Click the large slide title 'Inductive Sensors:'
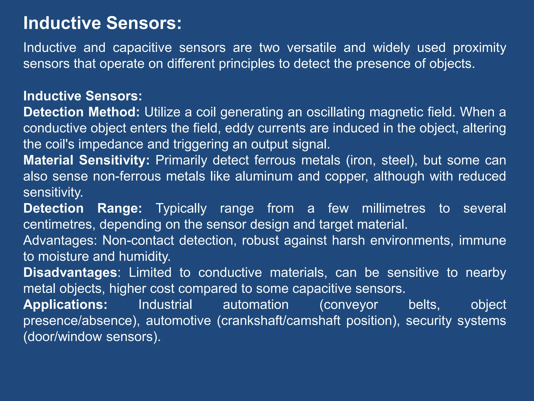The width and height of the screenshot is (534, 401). click(102, 23)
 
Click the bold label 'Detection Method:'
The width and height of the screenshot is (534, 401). click(82, 112)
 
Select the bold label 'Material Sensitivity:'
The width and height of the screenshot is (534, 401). click(87, 160)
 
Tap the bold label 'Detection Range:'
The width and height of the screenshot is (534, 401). click(83, 208)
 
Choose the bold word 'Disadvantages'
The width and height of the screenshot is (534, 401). click(70, 273)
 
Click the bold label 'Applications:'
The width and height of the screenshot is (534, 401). click(65, 305)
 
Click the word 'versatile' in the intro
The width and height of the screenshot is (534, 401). click(312, 48)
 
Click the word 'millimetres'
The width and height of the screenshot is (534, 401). click(393, 208)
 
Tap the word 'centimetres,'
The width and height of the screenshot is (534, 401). click(59, 225)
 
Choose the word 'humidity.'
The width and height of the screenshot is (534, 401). click(145, 257)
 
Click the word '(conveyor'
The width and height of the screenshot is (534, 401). click(349, 305)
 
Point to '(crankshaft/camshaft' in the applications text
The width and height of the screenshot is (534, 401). click(278, 321)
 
